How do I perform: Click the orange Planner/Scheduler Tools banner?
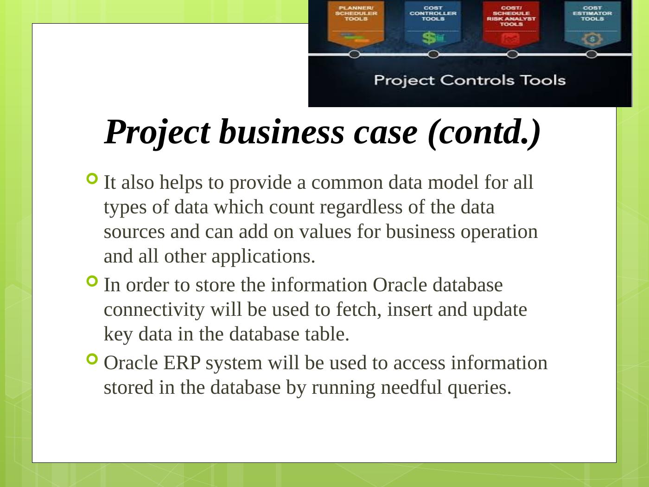(356, 24)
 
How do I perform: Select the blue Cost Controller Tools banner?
(433, 24)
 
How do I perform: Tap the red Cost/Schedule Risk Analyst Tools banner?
(511, 24)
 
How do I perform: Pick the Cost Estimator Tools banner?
(592, 24)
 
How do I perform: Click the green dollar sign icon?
(429, 38)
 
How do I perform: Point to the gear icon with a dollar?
(592, 39)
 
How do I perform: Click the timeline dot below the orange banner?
(355, 54)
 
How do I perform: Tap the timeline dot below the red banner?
(512, 54)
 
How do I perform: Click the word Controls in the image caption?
(477, 80)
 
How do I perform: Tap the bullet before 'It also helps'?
(92, 179)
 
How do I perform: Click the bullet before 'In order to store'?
(92, 281)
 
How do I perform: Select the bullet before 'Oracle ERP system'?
(92, 359)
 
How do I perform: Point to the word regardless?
(361, 208)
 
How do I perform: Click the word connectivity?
(154, 310)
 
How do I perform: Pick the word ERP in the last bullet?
(182, 363)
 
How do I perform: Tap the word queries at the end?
(479, 388)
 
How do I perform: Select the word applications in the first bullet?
(263, 257)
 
